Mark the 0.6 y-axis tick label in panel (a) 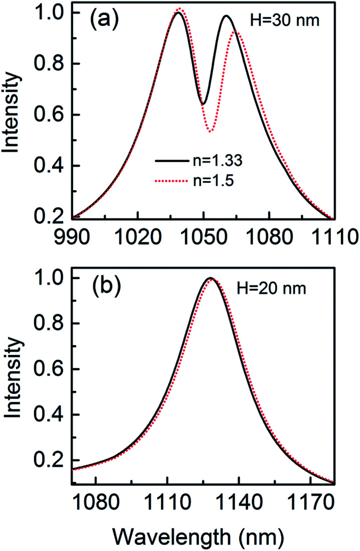(x=54, y=115)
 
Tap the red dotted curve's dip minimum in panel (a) (x=211, y=131)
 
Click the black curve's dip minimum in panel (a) (x=203, y=104)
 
